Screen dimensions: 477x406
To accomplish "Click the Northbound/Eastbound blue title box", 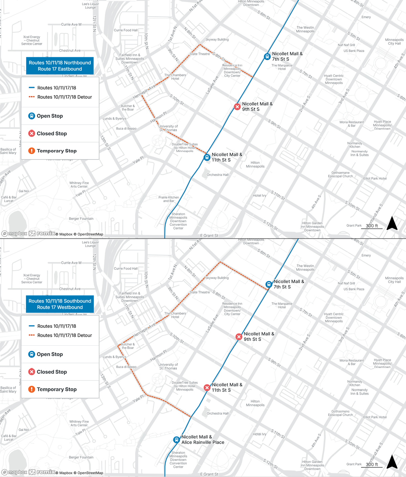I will tap(60, 66).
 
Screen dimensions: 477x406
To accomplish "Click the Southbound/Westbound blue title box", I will tap(60, 304).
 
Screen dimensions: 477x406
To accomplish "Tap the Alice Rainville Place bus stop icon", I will tap(176, 440).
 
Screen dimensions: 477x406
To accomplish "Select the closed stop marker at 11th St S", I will tap(207, 388).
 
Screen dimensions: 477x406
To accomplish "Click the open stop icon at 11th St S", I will tap(207, 157).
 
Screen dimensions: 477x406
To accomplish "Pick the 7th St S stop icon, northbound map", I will tap(267, 57).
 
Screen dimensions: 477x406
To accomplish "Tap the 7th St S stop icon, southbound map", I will tap(269, 284).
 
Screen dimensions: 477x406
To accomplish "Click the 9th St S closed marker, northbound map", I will tap(238, 107).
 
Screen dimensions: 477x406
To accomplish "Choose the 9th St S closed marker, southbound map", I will tap(239, 337).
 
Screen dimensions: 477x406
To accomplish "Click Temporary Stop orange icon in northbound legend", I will tap(31, 151).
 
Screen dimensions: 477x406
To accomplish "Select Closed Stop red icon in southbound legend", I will tap(31, 372).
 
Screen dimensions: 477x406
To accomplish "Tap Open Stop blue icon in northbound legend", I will tap(31, 116).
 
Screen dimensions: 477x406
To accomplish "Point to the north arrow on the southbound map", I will tap(392, 462).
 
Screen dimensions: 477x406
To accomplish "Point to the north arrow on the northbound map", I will tap(392, 223).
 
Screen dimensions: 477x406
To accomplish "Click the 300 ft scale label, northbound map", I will tap(372, 226).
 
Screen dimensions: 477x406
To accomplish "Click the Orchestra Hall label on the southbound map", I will tap(218, 413).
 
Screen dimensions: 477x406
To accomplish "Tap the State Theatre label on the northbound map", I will tap(200, 54).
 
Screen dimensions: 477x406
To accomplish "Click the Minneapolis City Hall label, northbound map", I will tap(394, 42).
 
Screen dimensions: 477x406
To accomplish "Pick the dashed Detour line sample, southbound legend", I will tap(32, 335).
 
